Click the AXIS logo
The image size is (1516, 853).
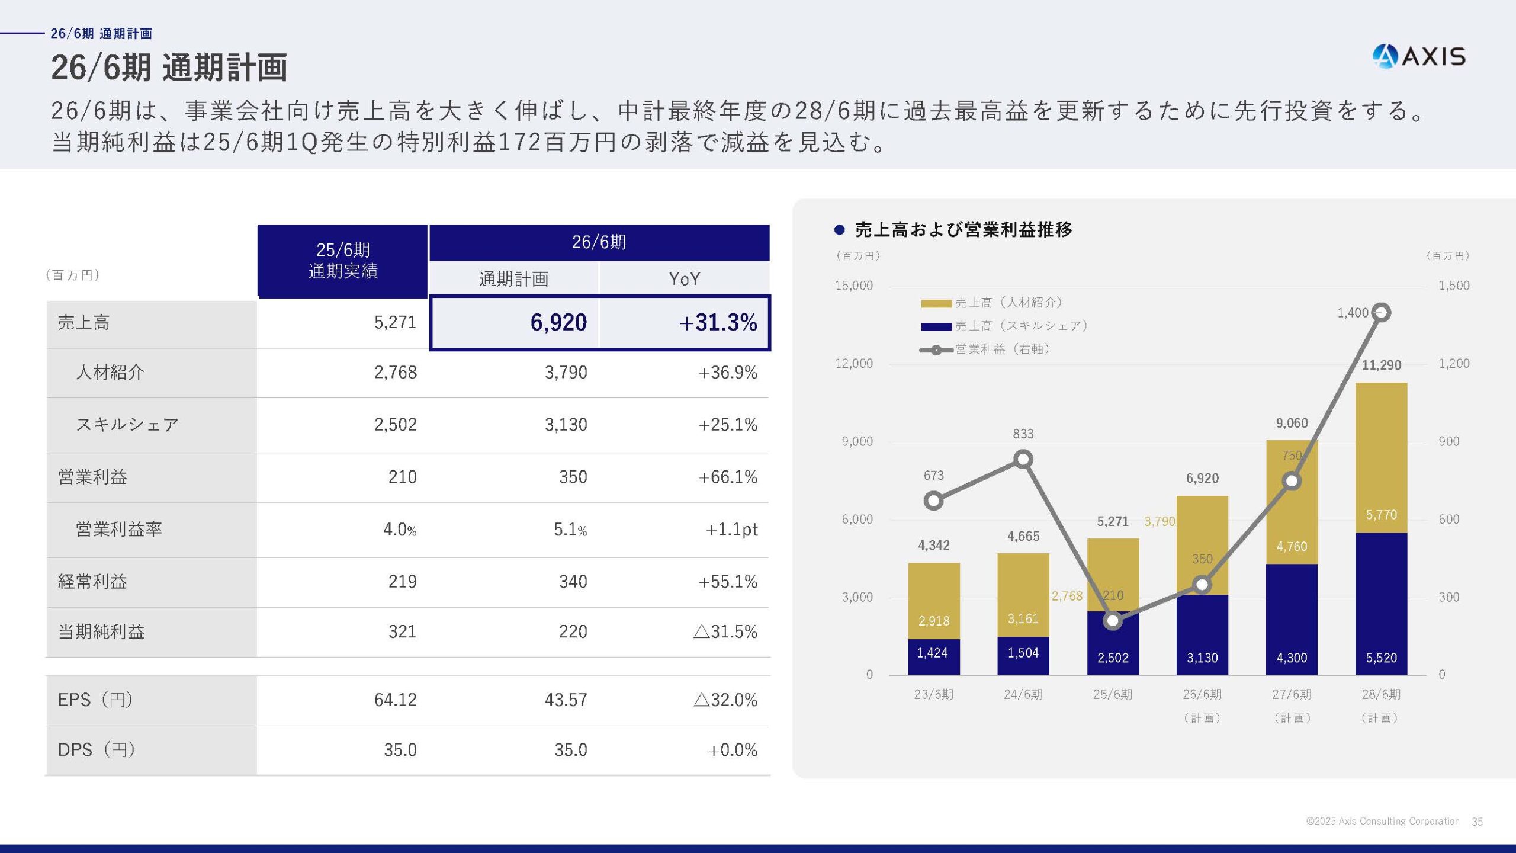tap(1419, 57)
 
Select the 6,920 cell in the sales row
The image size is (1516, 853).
tap(558, 322)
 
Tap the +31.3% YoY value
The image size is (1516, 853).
tap(718, 322)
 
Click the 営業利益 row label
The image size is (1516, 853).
tap(92, 477)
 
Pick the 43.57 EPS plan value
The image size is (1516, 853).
tap(566, 700)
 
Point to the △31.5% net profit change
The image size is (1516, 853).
tap(725, 631)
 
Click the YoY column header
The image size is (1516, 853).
tap(684, 278)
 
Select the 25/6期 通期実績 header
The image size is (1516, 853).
tap(343, 261)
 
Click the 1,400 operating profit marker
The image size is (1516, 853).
tap(1381, 312)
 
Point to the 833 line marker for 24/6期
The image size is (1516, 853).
tap(1023, 459)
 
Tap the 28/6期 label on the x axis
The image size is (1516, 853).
tap(1381, 694)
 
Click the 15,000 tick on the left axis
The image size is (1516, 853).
tap(853, 286)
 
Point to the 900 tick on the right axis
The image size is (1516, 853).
tap(1448, 441)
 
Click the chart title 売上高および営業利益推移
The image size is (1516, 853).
tap(963, 230)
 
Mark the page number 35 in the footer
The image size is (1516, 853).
tap(1477, 822)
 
